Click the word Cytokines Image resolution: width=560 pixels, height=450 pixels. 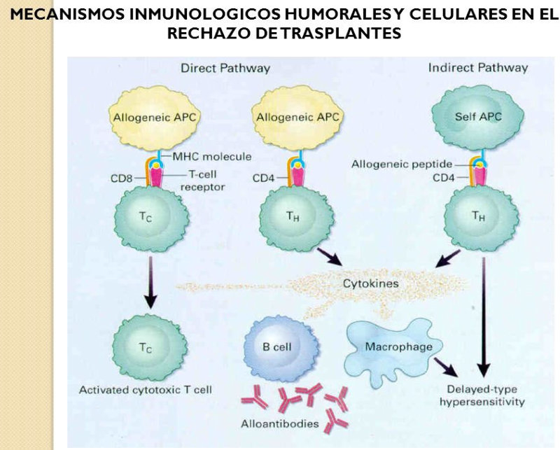[x=370, y=285]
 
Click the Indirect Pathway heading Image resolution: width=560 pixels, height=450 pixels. [x=478, y=68]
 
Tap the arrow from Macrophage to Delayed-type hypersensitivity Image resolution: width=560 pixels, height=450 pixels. [x=442, y=364]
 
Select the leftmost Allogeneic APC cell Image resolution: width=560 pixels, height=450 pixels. [x=155, y=117]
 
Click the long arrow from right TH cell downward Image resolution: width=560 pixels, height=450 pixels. [x=483, y=315]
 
